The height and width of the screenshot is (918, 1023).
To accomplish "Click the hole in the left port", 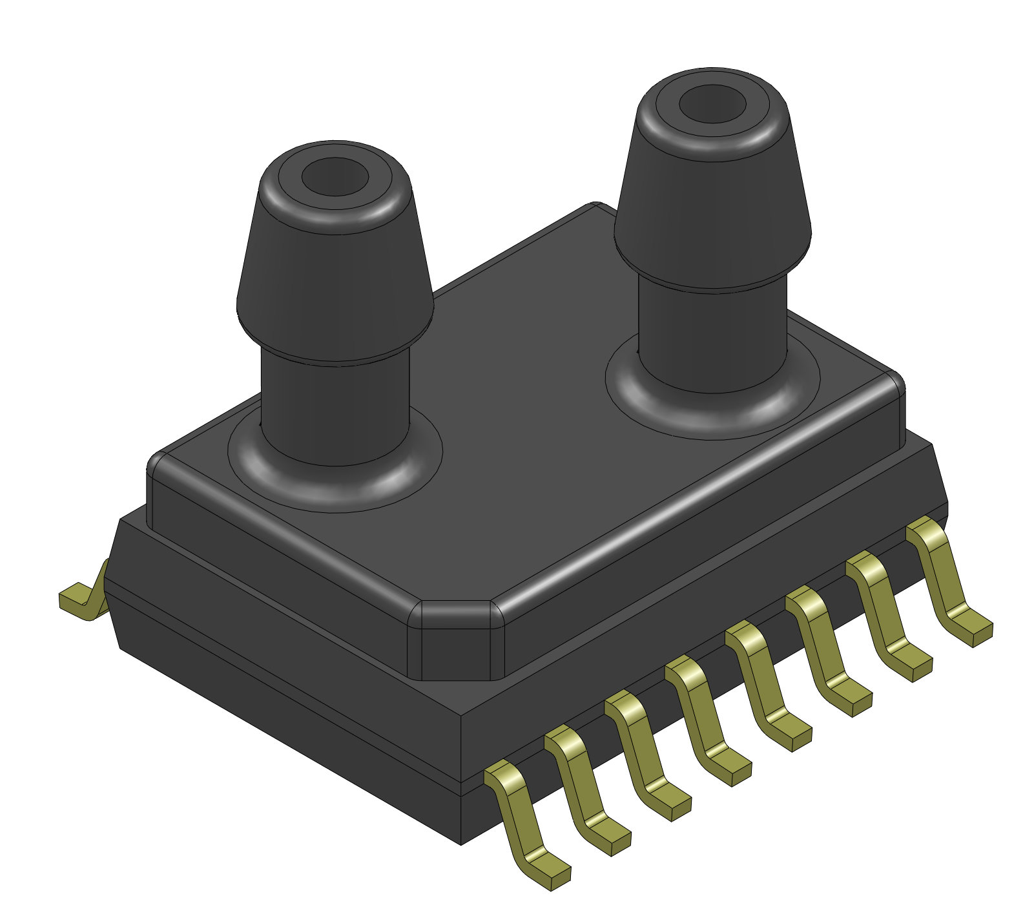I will (335, 177).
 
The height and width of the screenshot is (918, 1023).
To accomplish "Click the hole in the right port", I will (712, 104).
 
